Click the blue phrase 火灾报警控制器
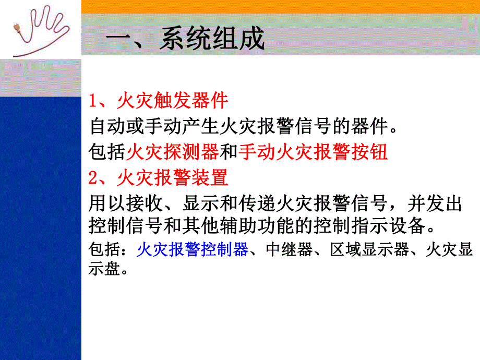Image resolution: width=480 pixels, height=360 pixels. pyautogui.click(x=193, y=250)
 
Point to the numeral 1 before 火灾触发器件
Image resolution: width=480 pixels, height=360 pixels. pyautogui.click(x=93, y=100)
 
